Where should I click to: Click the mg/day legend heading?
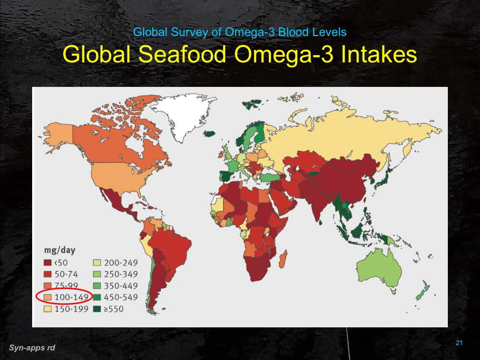(x=57, y=250)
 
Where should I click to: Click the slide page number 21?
(x=458, y=343)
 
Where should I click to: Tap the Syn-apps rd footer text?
(x=32, y=347)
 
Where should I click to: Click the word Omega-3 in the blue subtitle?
(x=245, y=33)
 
